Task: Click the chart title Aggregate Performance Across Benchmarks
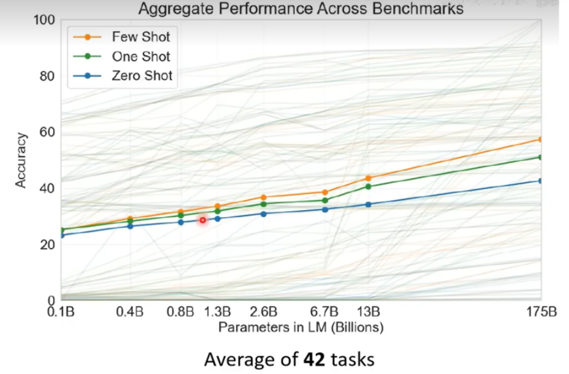click(300, 9)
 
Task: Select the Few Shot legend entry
click(140, 36)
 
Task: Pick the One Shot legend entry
click(140, 57)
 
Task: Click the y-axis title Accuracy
click(22, 160)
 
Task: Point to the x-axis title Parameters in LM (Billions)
click(301, 328)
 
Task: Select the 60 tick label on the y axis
click(48, 132)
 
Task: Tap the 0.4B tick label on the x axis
click(130, 313)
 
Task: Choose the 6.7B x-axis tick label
click(325, 313)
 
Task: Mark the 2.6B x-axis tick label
click(263, 313)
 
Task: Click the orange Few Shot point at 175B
click(541, 139)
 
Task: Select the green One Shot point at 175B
click(541, 157)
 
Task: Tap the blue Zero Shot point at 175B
click(541, 181)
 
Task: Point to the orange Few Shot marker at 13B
click(368, 178)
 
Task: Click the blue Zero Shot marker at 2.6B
click(263, 214)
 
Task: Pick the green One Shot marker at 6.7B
click(325, 200)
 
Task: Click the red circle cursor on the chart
click(203, 220)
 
